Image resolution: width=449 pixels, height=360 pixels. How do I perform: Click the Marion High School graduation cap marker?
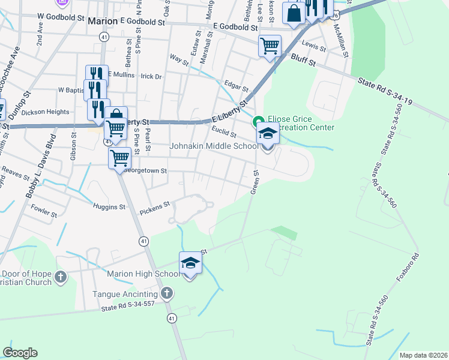[x=190, y=263]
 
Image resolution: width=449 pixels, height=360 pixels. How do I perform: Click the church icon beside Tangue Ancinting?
[x=167, y=294]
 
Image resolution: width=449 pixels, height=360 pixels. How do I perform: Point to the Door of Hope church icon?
[x=60, y=277]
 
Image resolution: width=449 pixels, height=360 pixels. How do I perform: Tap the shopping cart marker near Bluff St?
[x=270, y=45]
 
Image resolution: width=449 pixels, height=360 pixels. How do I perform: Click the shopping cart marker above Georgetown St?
[x=119, y=158]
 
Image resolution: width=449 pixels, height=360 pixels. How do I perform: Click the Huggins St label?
[x=109, y=207]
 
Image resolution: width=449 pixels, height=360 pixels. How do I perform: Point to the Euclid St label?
[x=223, y=132]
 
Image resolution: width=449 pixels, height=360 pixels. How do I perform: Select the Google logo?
[x=20, y=353]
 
